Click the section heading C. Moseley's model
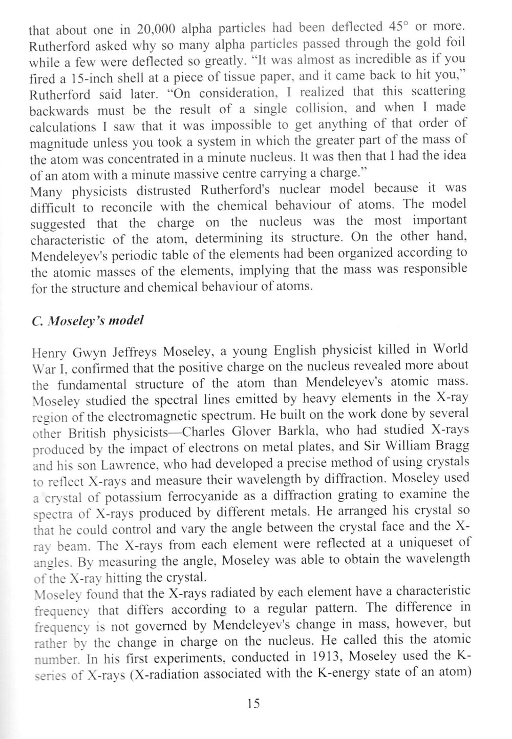point(87,321)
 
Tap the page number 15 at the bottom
point(253,703)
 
